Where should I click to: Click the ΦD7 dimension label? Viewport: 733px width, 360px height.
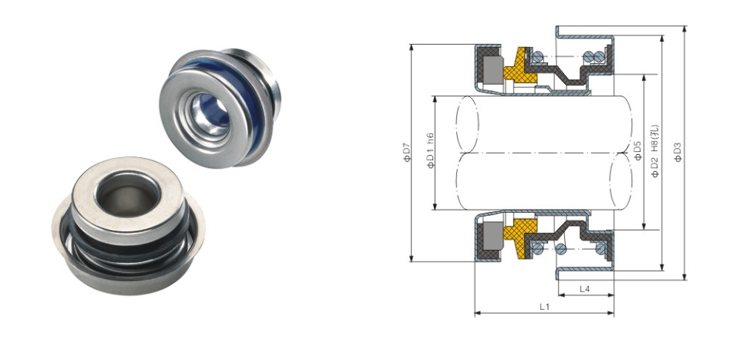click(406, 153)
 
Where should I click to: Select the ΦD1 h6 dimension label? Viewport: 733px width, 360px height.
click(430, 151)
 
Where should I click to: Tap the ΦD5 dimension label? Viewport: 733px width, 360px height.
click(638, 151)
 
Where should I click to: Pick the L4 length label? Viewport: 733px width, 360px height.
click(584, 289)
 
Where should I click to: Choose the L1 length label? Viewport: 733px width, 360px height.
click(544, 307)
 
